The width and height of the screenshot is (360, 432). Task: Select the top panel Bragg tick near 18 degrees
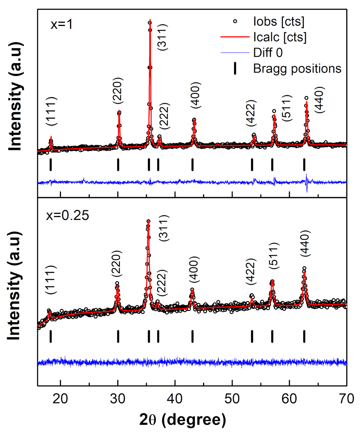[x=51, y=165]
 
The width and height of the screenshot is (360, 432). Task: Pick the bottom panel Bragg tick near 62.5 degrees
[x=304, y=336]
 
